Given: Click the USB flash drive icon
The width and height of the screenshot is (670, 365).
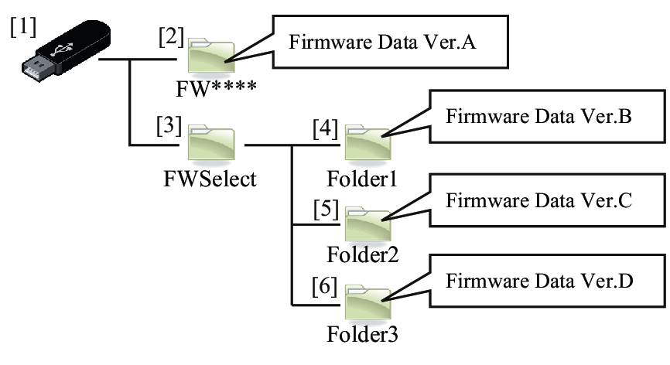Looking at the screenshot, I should pos(66,52).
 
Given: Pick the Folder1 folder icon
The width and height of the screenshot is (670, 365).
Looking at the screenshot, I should pos(367,142).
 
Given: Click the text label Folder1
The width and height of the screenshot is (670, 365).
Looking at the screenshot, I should pos(362,179).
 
